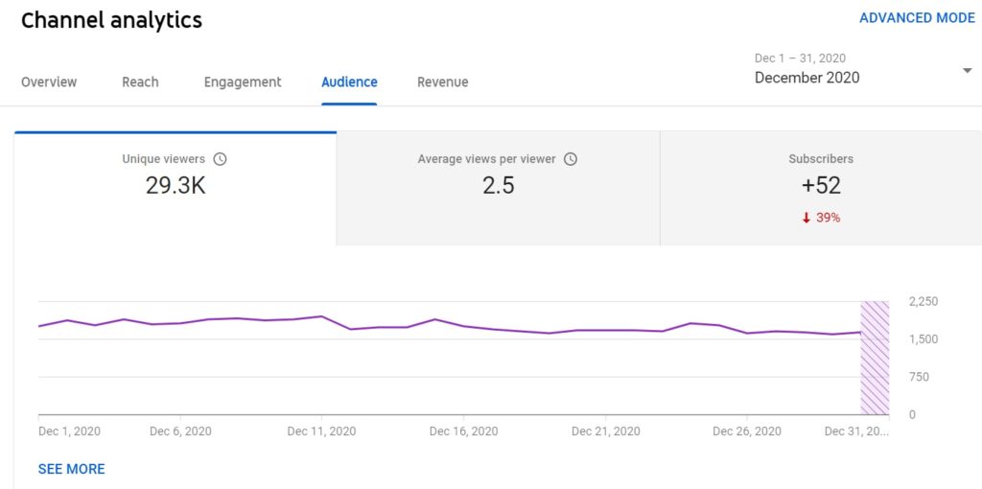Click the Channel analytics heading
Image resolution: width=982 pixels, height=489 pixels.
click(111, 20)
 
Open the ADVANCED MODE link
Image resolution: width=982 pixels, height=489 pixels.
click(917, 18)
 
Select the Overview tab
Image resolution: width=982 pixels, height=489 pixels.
click(49, 82)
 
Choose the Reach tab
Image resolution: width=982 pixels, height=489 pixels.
click(140, 82)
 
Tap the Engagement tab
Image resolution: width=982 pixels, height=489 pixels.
click(243, 82)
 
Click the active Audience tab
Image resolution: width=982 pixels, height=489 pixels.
click(349, 82)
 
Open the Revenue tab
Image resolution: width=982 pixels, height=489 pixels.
click(442, 82)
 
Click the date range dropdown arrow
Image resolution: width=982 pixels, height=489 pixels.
click(967, 71)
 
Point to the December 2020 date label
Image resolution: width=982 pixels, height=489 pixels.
click(807, 78)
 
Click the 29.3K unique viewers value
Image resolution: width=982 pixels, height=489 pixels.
click(175, 186)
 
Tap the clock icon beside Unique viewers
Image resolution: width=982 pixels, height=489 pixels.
click(220, 159)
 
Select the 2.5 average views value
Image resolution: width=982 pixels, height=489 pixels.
click(498, 186)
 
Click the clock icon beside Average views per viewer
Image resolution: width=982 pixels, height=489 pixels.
click(571, 159)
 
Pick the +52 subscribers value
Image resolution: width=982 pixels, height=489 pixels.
click(820, 186)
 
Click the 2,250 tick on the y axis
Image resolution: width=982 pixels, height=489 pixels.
click(924, 302)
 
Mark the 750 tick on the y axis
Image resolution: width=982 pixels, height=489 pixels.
click(918, 377)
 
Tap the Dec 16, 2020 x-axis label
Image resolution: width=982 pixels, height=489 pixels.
click(463, 431)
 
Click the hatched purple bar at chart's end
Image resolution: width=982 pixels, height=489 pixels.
click(875, 358)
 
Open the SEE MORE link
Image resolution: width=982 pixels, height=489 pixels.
click(71, 469)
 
